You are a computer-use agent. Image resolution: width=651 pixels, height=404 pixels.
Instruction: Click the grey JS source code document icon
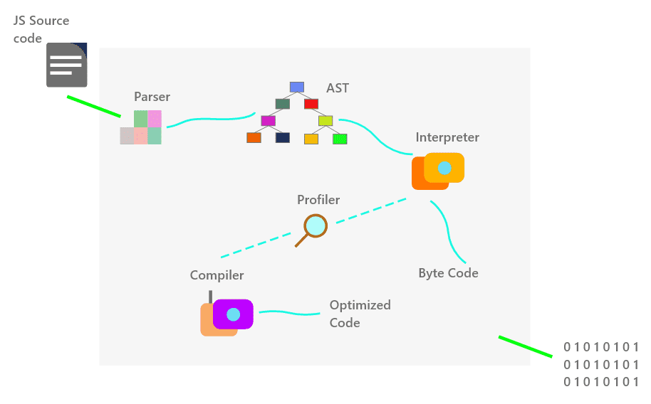tap(66, 65)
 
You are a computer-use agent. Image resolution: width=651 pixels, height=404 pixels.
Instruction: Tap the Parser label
tap(152, 97)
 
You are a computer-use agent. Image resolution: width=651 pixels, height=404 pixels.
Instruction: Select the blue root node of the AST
tap(297, 87)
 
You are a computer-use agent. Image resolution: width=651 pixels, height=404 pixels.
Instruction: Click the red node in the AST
tap(311, 104)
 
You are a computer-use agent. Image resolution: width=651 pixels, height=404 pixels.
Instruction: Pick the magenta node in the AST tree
tap(268, 120)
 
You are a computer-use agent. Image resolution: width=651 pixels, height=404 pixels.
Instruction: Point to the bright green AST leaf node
tap(340, 139)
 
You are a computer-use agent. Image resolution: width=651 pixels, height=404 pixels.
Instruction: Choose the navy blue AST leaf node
tap(282, 137)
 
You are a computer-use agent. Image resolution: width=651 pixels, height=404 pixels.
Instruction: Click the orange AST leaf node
tap(254, 137)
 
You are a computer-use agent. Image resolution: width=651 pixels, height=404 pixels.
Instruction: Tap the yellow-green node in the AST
tap(325, 120)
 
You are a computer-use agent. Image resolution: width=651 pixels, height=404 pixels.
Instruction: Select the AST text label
tap(338, 88)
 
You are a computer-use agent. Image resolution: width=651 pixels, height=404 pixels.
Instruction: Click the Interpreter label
tap(447, 137)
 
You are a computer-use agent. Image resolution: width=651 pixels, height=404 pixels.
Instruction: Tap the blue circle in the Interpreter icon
tap(444, 168)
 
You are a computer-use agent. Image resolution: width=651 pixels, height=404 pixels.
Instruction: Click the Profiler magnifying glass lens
tap(315, 225)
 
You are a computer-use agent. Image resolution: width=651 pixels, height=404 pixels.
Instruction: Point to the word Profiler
tap(318, 200)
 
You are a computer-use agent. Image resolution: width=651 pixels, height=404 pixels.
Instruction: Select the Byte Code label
tap(448, 273)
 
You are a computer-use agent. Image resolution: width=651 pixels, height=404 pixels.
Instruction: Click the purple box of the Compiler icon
tap(233, 314)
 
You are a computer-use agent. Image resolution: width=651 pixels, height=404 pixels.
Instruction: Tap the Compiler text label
tap(217, 275)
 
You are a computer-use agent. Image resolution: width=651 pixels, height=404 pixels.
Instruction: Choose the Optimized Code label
tap(360, 314)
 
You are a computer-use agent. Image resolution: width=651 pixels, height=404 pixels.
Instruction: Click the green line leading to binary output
tap(525, 346)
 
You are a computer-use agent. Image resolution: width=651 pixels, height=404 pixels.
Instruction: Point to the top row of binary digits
tap(601, 347)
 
